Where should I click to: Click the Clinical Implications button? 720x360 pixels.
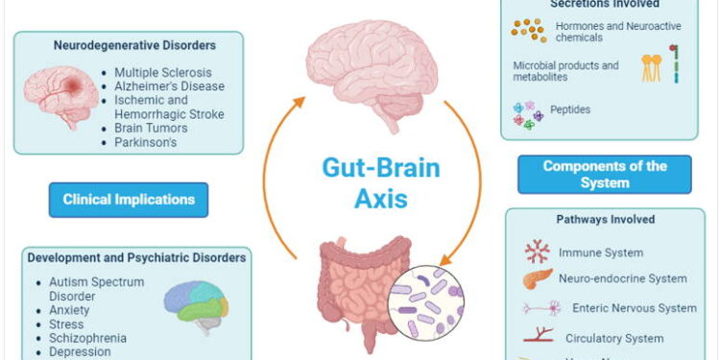[x=129, y=200]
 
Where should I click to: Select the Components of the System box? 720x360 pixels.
[x=605, y=174]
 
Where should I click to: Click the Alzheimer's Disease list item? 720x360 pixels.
[x=170, y=86]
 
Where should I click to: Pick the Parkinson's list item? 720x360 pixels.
[x=149, y=142]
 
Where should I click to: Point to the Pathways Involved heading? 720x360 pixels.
[x=606, y=220]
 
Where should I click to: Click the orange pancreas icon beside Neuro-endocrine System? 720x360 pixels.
[x=538, y=279]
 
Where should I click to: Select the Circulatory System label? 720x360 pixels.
[x=613, y=338]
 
